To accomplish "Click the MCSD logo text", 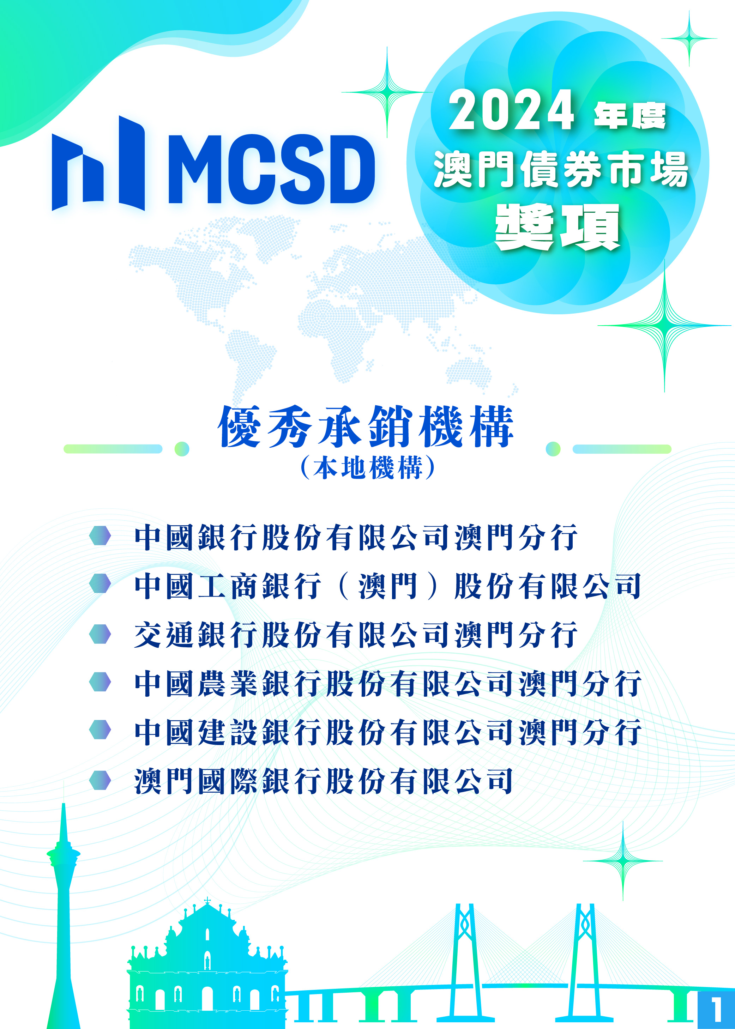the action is pos(272,169).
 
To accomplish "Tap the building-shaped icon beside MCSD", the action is pos(98,163).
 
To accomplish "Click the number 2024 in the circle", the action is pos(511,110).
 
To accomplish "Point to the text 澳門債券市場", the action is pos(561,169).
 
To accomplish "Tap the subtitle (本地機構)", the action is pos(368,467).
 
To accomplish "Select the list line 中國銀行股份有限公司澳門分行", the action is pos(356,538).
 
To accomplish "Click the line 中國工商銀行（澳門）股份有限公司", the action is pos(388,586).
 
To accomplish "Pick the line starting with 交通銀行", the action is pos(356,635).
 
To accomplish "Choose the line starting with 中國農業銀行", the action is pos(388,683).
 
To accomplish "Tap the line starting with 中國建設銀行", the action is pos(388,732).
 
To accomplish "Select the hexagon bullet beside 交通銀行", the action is pos(100,634).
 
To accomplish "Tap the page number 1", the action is pos(716,1009).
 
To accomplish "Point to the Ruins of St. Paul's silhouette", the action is pos(207,968).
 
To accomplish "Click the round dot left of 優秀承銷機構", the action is pos(182,449).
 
